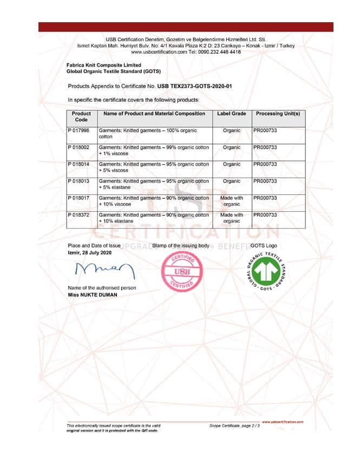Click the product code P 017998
(x=79, y=131)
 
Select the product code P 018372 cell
(x=79, y=215)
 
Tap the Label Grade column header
(x=231, y=114)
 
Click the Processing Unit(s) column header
(x=277, y=114)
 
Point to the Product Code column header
(x=81, y=116)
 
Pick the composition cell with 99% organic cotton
(x=154, y=151)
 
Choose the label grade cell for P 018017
(x=231, y=201)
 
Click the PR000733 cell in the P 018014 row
(x=265, y=164)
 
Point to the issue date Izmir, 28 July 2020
(x=89, y=253)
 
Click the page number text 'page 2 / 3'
(x=250, y=426)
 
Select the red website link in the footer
(x=283, y=421)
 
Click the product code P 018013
(x=79, y=181)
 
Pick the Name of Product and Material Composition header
(x=154, y=114)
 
